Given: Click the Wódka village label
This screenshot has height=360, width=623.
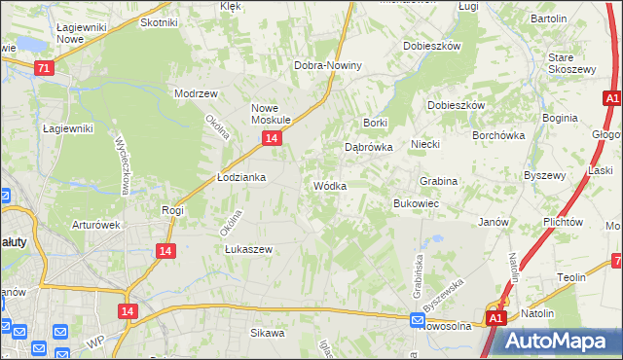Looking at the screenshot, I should (328, 186).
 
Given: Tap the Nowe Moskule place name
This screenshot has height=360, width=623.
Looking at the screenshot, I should (273, 114).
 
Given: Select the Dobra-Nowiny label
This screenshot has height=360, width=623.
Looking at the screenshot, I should (328, 65).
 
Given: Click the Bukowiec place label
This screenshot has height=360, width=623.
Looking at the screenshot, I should (416, 203).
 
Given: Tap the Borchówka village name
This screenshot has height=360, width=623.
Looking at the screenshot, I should (498, 136).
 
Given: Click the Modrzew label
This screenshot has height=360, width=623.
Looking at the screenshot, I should (195, 93).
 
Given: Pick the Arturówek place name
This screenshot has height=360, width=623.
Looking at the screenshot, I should (95, 225).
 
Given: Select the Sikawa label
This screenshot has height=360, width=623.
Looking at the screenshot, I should (267, 333).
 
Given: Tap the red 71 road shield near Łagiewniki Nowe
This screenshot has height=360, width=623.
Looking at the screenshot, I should (43, 68).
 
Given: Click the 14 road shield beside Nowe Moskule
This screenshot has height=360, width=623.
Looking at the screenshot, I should (271, 139).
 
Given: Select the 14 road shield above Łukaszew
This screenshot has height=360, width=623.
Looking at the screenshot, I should (165, 251).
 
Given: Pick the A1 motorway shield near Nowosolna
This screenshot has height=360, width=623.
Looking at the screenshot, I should (495, 318).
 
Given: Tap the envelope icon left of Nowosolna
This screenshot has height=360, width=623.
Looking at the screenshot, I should (417, 319).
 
